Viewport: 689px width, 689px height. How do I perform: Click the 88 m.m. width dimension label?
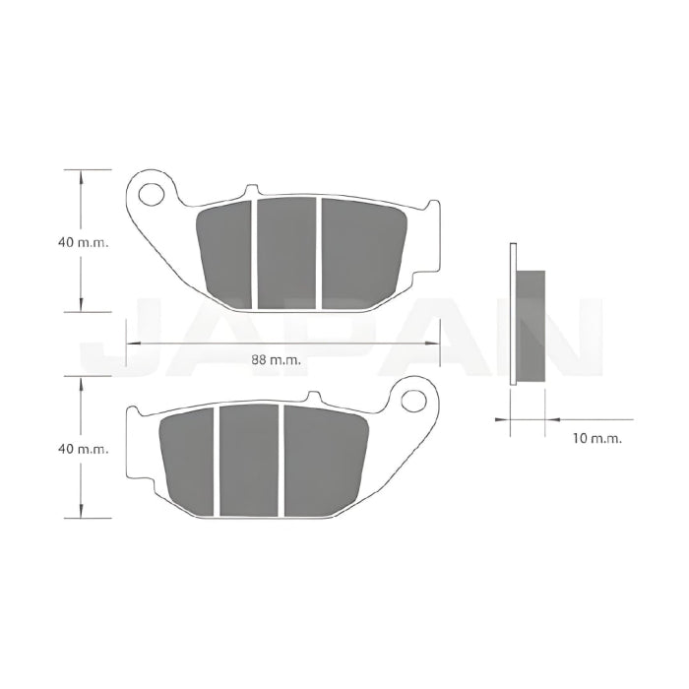[x=276, y=360]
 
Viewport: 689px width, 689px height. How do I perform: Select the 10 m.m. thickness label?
[x=597, y=438]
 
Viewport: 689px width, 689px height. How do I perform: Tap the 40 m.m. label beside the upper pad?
[x=83, y=242]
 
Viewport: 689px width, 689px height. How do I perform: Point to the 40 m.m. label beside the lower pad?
[x=83, y=449]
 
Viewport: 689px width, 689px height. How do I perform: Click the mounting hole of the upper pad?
[x=152, y=194]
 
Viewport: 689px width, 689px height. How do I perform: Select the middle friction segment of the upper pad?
[x=286, y=253]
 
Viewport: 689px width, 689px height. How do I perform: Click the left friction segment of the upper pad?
[x=225, y=255]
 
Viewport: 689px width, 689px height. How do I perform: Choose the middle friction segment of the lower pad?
[x=249, y=460]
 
